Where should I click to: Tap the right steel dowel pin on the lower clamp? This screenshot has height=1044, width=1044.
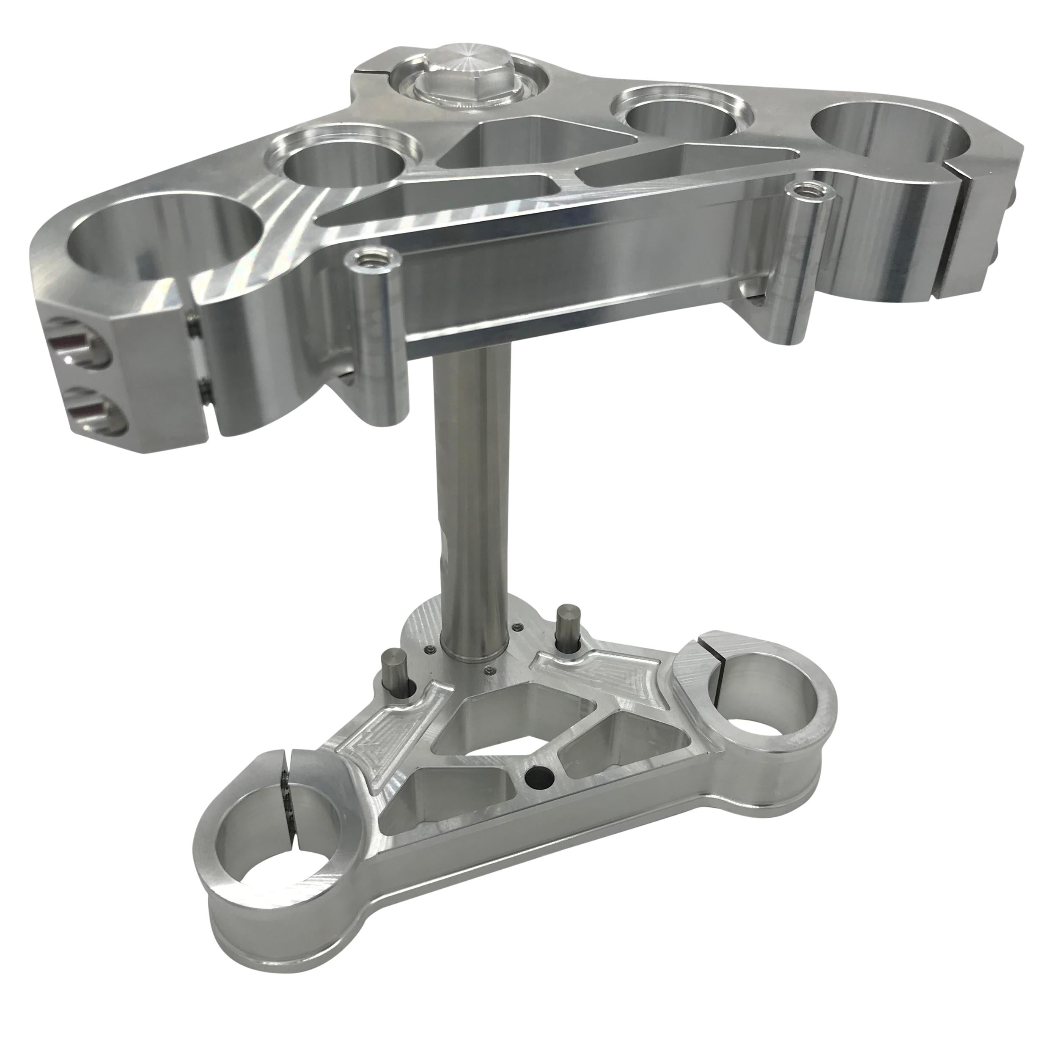pos(567,624)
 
